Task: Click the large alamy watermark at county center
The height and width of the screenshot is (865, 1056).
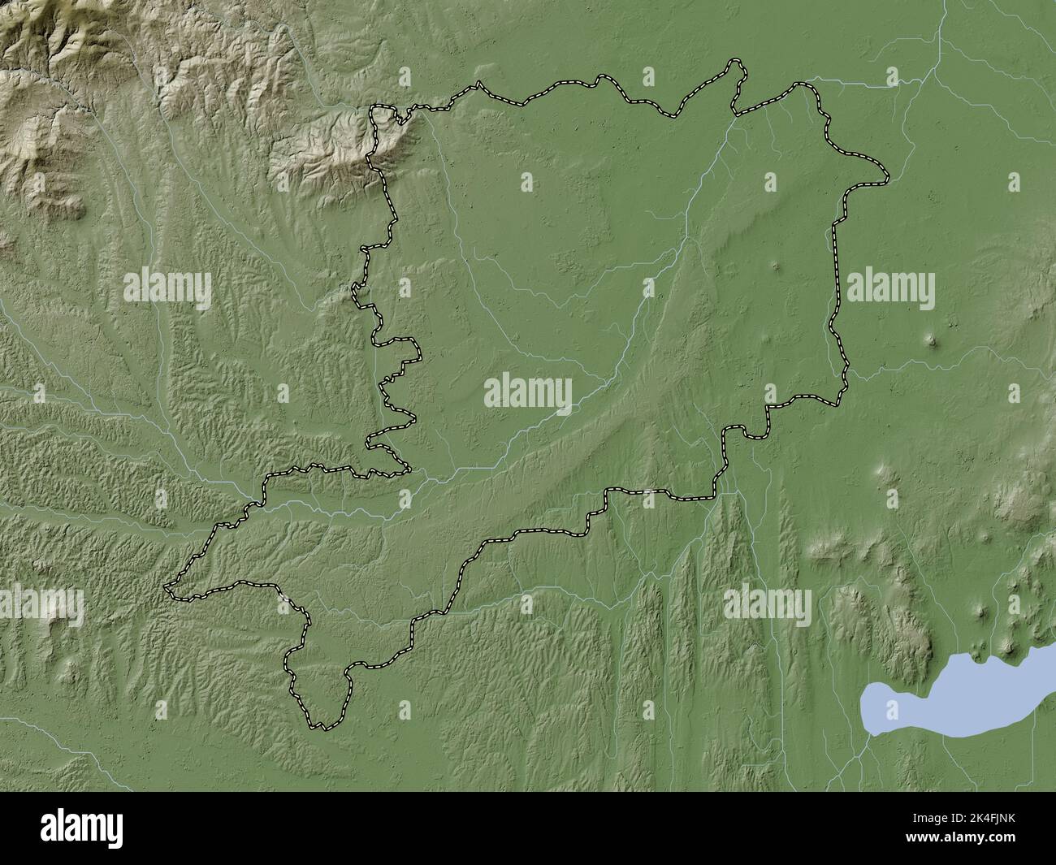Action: (x=528, y=393)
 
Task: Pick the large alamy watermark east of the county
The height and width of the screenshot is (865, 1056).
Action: (x=890, y=290)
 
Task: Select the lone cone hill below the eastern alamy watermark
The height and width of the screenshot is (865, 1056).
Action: (x=932, y=340)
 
